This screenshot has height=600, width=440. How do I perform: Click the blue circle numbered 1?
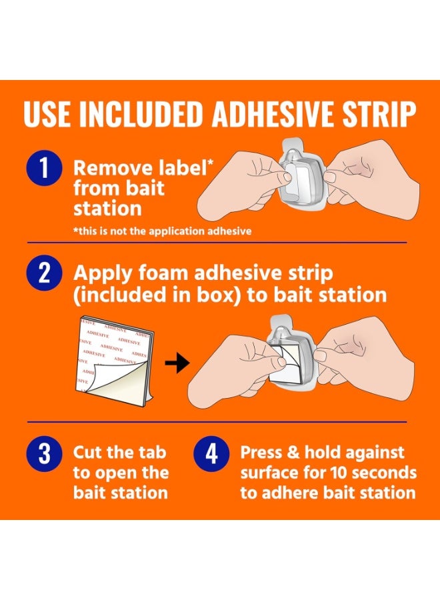tap(45, 167)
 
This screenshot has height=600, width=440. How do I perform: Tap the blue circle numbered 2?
tap(45, 273)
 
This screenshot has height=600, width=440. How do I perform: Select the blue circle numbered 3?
tap(45, 453)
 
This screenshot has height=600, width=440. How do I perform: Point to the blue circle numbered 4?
tap(211, 453)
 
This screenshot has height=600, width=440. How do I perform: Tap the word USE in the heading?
tap(47, 114)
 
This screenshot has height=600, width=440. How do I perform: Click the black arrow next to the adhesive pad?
tap(177, 363)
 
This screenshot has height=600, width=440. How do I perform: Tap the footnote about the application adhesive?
tap(162, 231)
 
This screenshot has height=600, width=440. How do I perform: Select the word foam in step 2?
tap(162, 273)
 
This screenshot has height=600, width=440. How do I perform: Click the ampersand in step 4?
tap(293, 453)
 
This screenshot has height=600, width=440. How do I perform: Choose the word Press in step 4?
tap(261, 453)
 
